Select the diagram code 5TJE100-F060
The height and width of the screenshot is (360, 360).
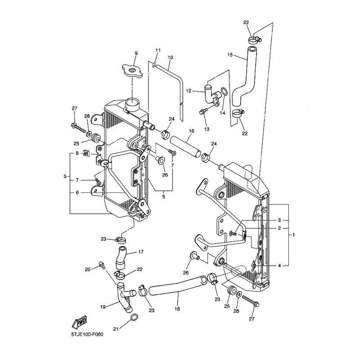click(87, 335)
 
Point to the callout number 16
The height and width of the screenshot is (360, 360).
click(191, 131)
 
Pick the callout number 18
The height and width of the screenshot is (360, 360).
click(177, 309)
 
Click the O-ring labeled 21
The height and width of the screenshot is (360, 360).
click(134, 319)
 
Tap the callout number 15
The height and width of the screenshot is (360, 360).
click(230, 55)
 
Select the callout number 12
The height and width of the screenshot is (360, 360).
click(189, 90)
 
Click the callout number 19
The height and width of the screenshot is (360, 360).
click(103, 307)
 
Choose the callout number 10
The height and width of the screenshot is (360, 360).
click(171, 58)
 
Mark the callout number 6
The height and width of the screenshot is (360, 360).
click(77, 192)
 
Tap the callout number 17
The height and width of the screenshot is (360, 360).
click(140, 252)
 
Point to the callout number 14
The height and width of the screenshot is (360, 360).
click(222, 113)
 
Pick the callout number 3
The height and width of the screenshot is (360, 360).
click(279, 220)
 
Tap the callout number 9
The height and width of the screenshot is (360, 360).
click(135, 54)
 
